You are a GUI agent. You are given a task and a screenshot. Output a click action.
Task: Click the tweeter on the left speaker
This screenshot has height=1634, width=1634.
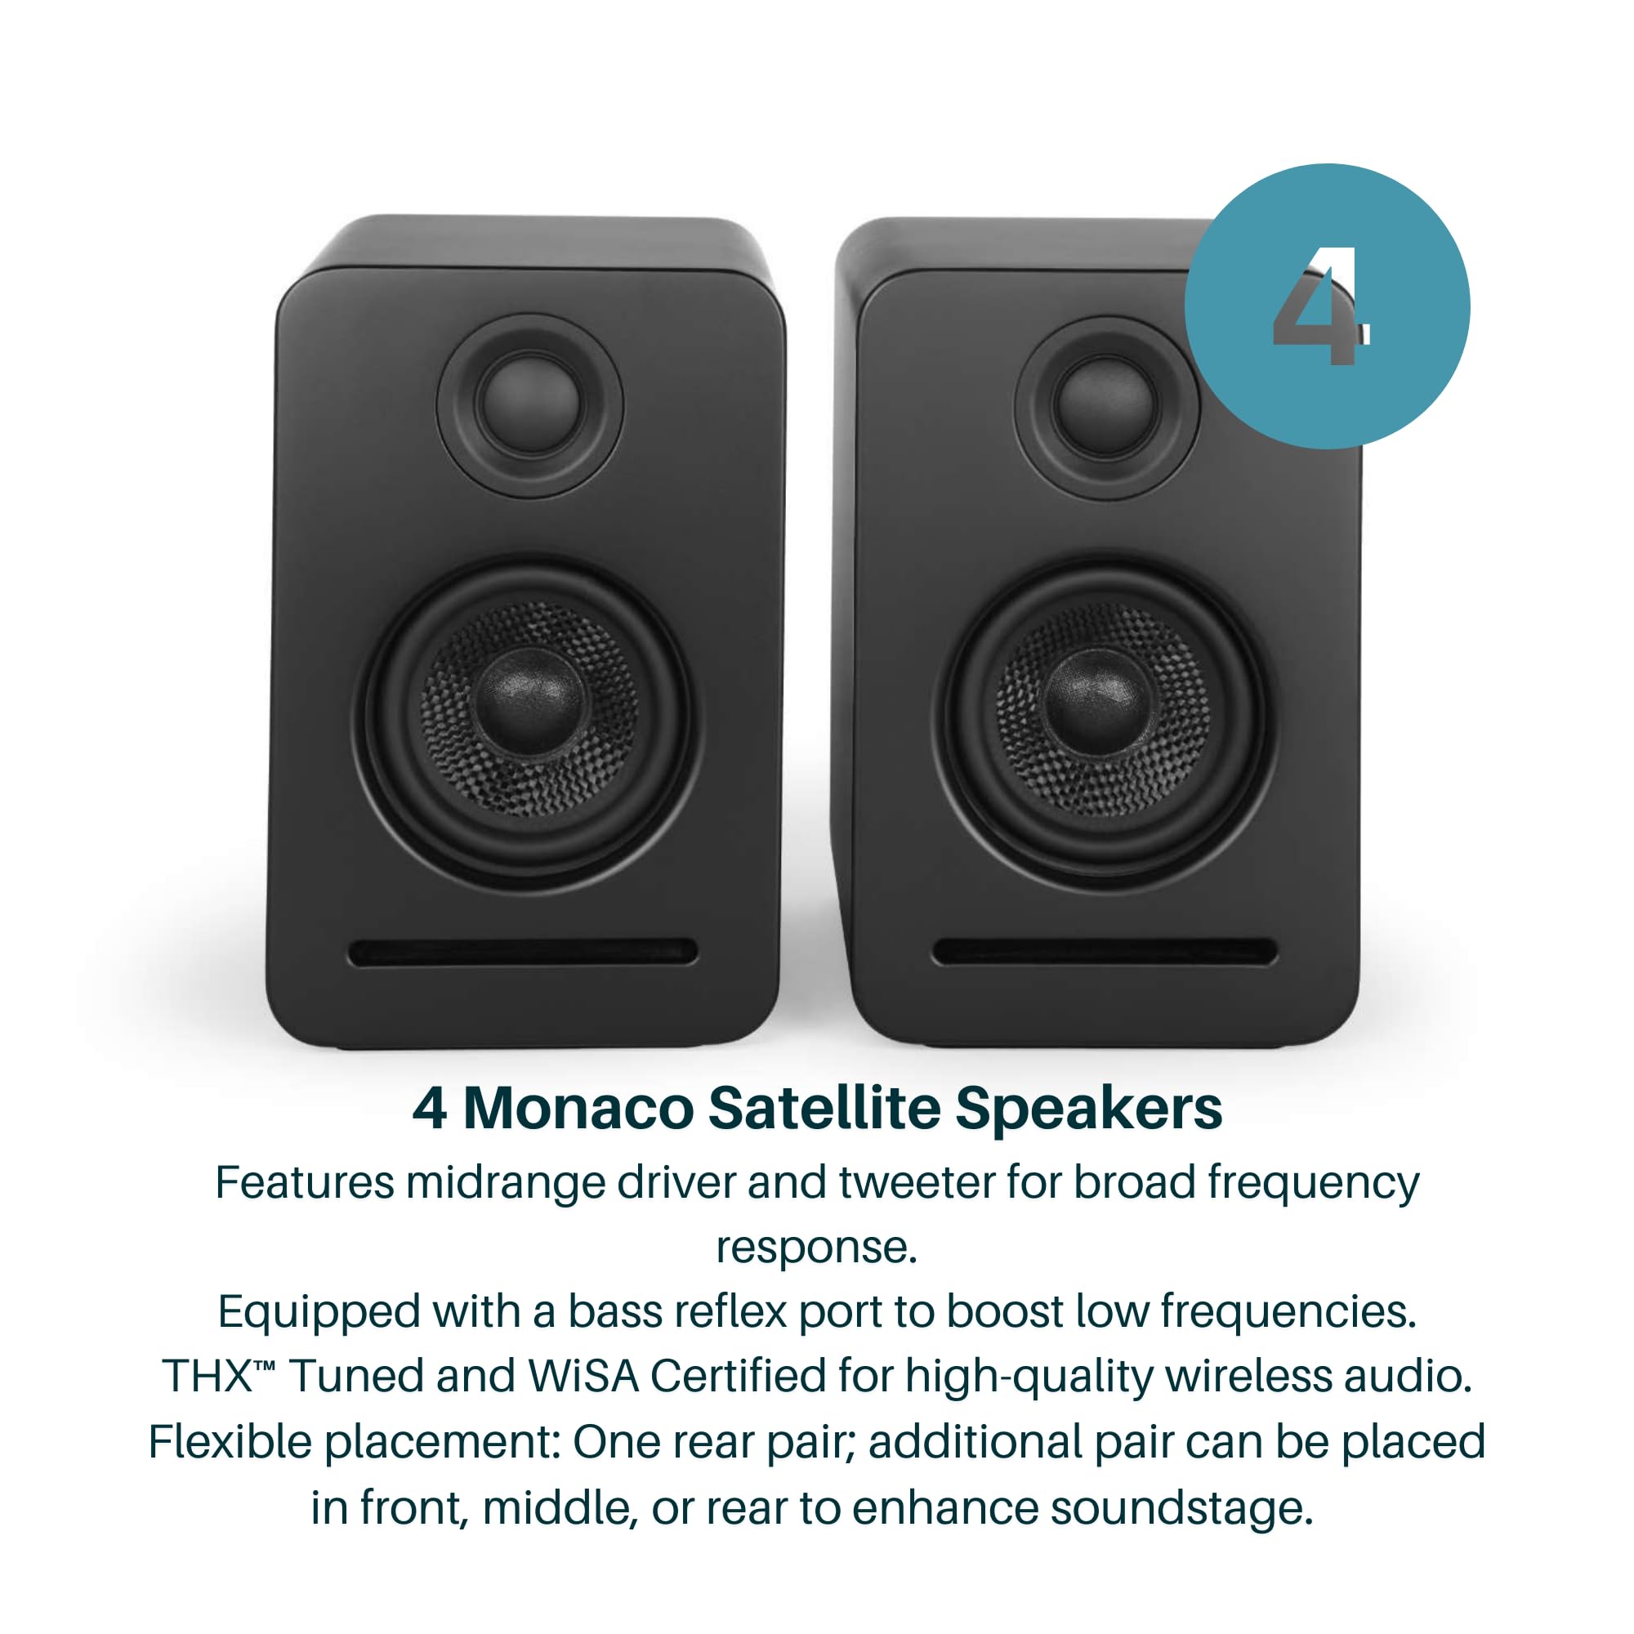530,404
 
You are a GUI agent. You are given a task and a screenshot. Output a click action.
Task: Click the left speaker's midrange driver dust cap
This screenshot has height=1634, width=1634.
529,701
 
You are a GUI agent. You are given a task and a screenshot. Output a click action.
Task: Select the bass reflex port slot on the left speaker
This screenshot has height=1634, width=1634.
523,953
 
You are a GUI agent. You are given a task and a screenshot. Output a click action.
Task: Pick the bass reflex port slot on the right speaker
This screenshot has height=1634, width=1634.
1105,953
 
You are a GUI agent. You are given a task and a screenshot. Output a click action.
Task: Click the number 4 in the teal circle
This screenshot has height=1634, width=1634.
1319,309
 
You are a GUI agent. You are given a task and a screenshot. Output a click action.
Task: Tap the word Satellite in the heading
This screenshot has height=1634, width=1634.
824,1109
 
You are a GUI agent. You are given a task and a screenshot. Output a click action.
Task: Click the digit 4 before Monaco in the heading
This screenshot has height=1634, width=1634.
430,1109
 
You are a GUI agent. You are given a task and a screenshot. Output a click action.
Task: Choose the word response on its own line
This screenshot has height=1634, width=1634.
816,1248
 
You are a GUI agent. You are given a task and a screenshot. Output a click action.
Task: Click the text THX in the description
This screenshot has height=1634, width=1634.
208,1377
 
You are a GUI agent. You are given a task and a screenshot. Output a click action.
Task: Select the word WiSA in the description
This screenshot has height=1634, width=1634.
583,1376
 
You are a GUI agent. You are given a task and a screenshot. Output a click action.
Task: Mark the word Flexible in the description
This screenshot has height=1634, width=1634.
230,1442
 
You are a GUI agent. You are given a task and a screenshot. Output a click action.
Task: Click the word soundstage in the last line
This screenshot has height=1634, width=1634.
1181,1508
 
